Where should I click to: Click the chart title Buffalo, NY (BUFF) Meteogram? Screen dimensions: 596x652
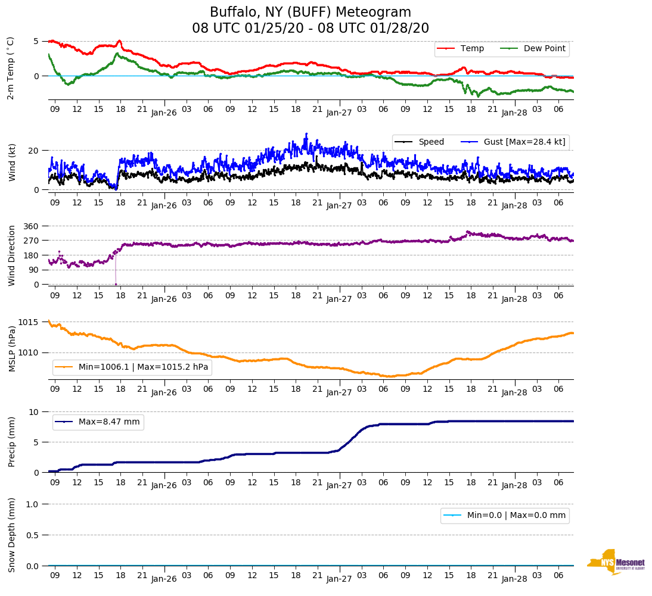[311, 13]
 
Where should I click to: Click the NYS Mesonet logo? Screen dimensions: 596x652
[616, 561]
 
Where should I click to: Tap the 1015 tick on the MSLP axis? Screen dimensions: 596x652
[28, 322]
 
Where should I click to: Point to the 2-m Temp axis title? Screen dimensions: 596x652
[10, 68]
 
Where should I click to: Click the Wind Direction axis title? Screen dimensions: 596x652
[11, 255]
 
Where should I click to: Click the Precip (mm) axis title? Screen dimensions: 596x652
[11, 441]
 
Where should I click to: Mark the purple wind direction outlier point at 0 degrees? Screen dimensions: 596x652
[116, 284]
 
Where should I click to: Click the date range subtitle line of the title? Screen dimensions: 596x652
[311, 29]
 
